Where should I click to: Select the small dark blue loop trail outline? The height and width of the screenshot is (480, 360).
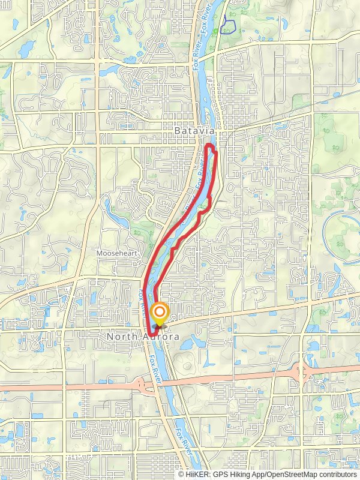[227, 26]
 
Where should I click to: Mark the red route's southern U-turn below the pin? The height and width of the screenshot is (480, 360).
[151, 328]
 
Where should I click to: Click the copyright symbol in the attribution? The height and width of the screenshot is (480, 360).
[182, 474]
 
